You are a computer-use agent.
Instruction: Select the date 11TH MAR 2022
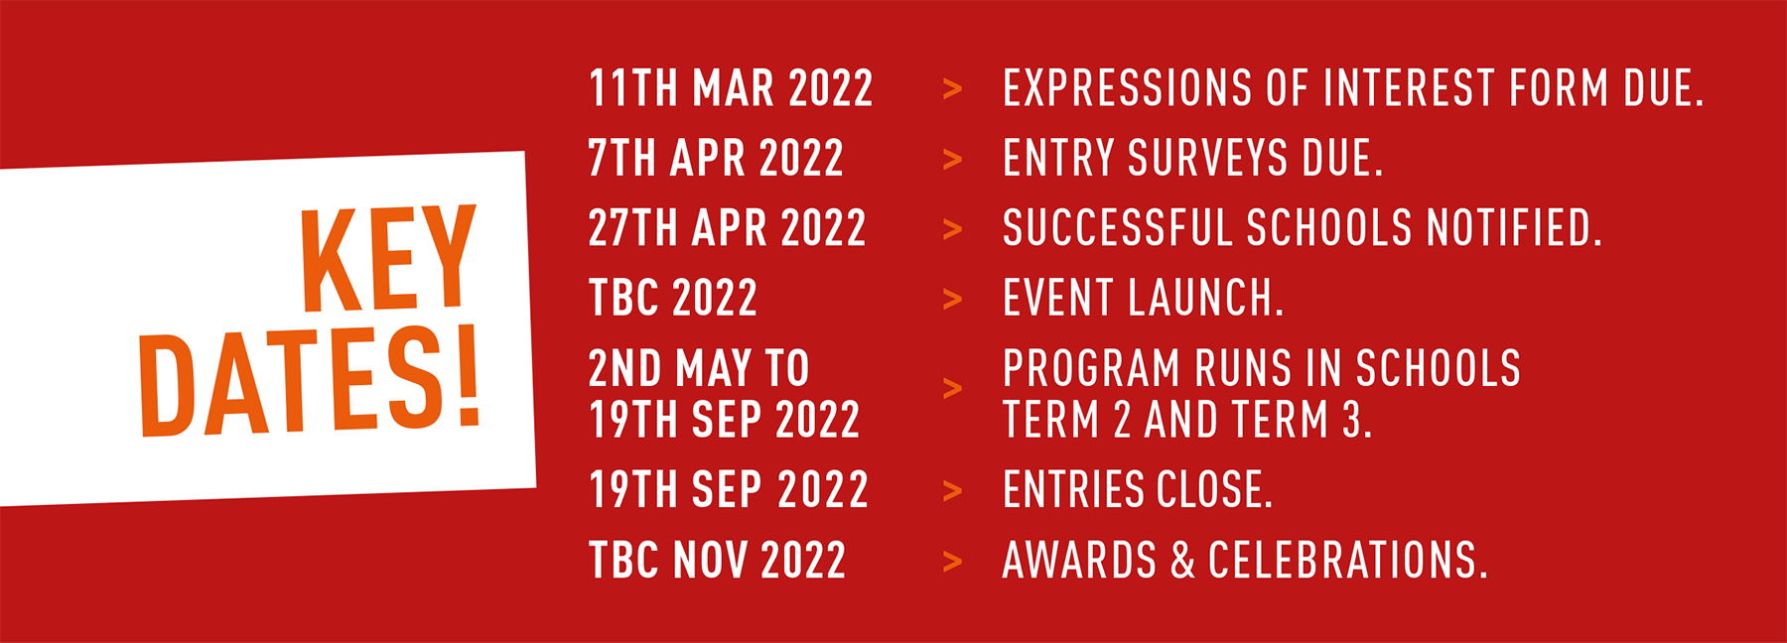point(731,88)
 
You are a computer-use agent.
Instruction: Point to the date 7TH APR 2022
point(716,159)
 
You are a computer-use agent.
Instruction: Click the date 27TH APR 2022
point(728,228)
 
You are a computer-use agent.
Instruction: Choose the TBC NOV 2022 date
point(717,561)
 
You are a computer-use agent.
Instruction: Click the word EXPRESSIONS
point(1128,88)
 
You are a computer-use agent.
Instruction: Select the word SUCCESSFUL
point(1117,228)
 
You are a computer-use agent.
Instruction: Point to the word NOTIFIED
point(1514,228)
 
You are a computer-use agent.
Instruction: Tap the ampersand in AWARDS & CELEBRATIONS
point(1182,561)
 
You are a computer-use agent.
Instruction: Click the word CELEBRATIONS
point(1348,561)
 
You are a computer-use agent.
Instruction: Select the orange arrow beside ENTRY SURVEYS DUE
point(952,160)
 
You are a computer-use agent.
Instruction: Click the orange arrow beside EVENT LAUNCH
point(952,299)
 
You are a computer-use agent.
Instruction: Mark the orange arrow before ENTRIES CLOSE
point(952,491)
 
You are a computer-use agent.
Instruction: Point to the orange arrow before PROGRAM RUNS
point(952,388)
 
